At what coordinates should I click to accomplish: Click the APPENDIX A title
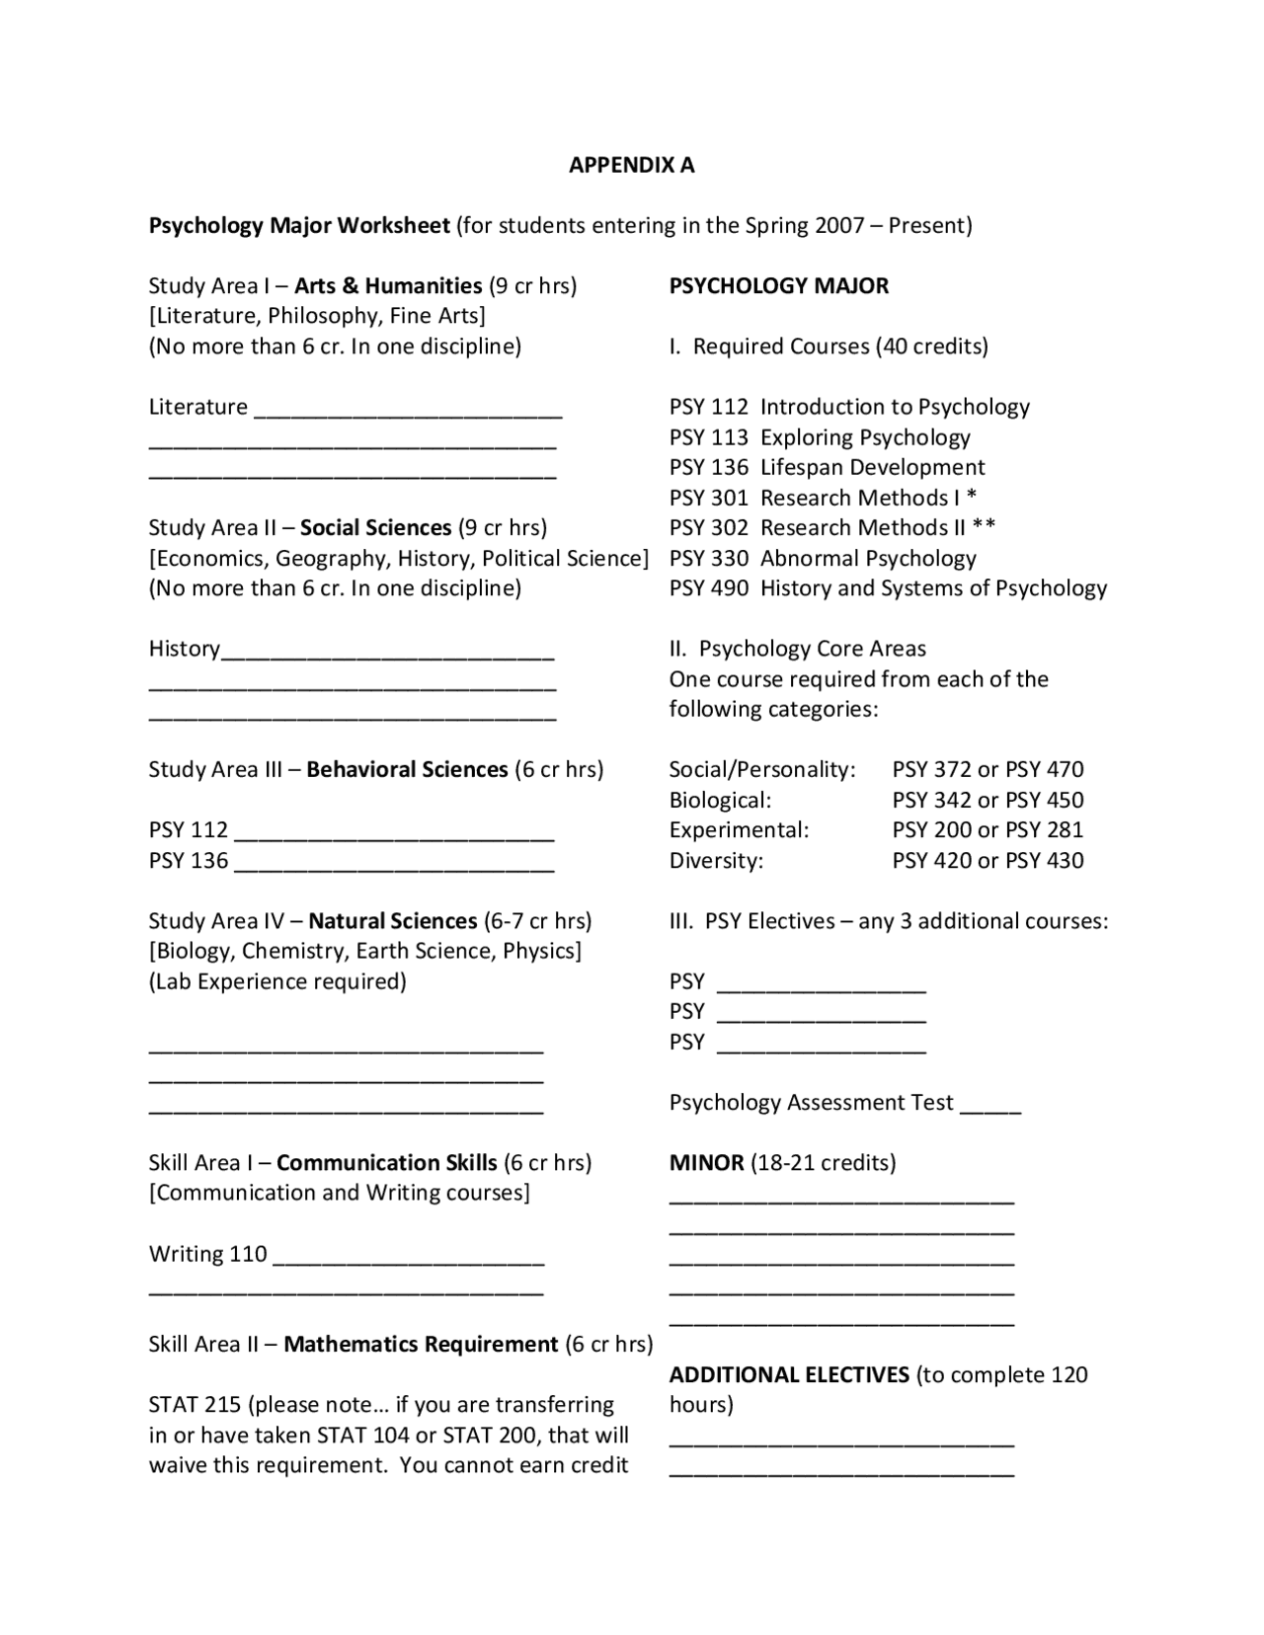pos(631,165)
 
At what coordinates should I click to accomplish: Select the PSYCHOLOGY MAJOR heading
pos(778,286)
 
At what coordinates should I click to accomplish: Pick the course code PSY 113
pos(708,437)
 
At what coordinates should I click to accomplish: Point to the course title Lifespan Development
pos(872,467)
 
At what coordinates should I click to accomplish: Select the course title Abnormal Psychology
pos(867,558)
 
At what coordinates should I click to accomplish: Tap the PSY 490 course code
pos(708,588)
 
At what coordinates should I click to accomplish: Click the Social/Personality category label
pos(761,769)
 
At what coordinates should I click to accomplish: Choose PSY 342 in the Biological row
pos(932,800)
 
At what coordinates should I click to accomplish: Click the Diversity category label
pos(716,860)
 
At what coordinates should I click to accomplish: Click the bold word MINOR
pos(706,1162)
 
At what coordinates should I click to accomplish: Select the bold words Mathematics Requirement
pos(421,1344)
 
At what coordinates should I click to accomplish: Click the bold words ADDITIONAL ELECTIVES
pos(789,1374)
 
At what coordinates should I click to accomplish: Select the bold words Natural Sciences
pos(392,921)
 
